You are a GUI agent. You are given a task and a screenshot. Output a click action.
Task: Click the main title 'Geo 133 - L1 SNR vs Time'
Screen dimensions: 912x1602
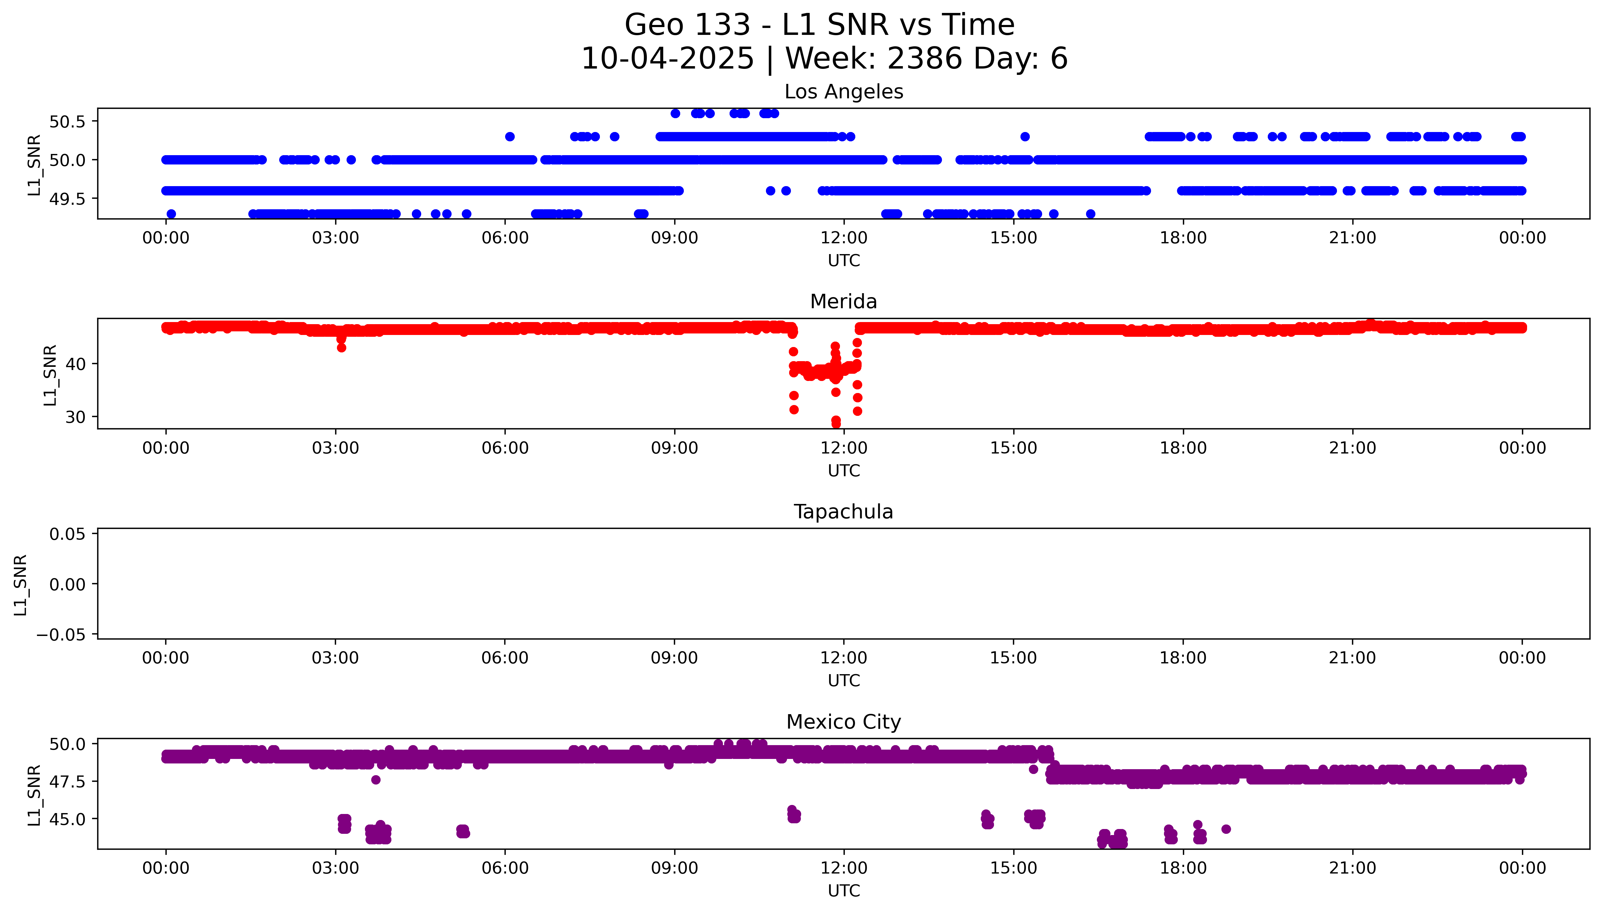820,25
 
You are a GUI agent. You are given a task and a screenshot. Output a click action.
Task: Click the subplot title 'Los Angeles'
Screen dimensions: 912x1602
843,92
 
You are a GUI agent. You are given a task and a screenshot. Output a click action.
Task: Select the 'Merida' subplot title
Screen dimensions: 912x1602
843,302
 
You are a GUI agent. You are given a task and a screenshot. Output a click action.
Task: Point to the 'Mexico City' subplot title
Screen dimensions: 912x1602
843,722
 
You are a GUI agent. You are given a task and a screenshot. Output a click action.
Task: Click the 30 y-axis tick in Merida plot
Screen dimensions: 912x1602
75,417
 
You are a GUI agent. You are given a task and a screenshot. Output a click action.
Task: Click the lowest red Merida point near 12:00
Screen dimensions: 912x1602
836,424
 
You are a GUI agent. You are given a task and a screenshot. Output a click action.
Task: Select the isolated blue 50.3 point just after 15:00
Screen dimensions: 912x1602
1025,137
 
